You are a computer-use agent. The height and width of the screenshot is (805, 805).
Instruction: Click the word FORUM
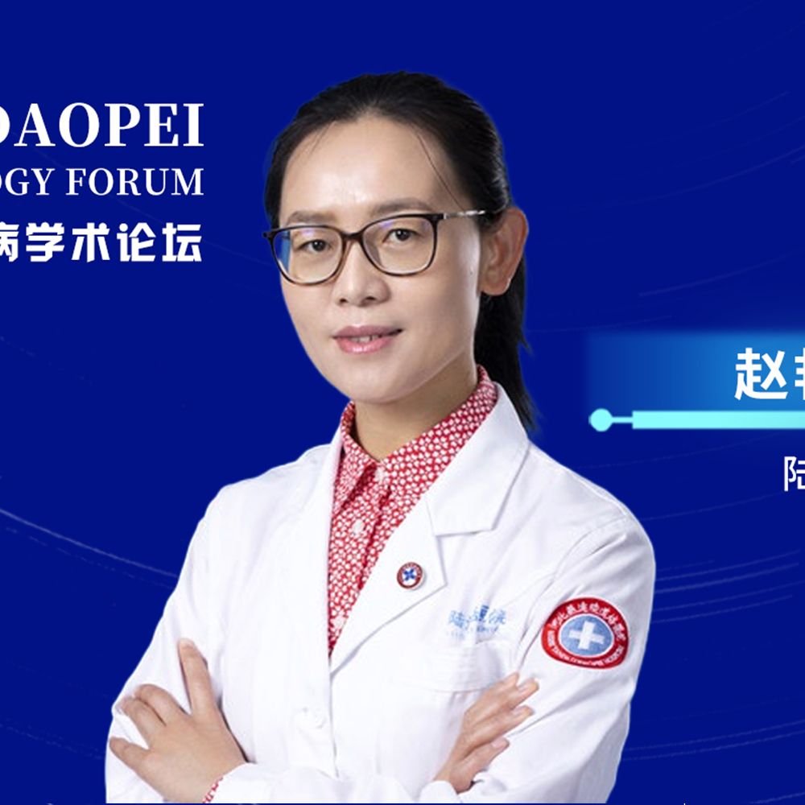(134, 182)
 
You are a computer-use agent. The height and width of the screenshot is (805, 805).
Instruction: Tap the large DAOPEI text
(105, 126)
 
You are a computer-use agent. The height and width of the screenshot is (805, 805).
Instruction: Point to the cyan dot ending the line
(600, 419)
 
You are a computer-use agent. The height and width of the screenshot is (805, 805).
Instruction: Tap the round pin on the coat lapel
(410, 575)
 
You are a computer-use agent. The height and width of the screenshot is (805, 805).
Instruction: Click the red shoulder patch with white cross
(585, 633)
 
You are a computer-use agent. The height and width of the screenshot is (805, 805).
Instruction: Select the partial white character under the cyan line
(795, 473)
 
